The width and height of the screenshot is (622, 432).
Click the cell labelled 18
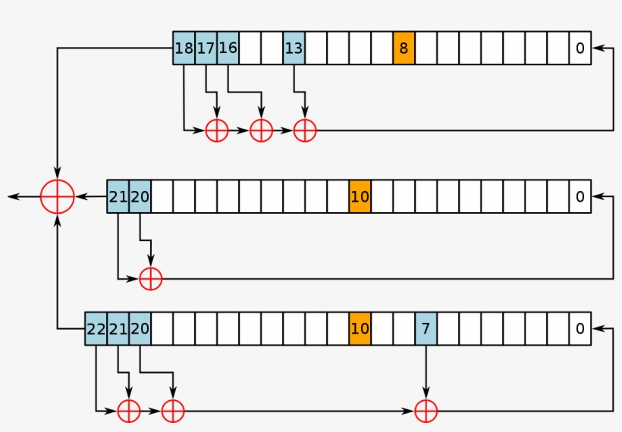[x=184, y=48]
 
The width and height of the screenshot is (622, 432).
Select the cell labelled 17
[x=206, y=48]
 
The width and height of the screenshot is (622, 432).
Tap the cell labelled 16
[x=228, y=48]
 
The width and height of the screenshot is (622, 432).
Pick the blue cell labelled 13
[x=294, y=48]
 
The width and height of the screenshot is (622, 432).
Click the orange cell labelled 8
[x=404, y=48]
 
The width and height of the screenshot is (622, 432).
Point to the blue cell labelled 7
[x=426, y=329]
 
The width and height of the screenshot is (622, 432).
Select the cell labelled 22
[x=96, y=329]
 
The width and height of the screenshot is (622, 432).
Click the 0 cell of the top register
[x=580, y=48]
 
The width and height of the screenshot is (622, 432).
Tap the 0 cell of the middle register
[x=580, y=196]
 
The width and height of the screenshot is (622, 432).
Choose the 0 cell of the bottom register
[x=580, y=329]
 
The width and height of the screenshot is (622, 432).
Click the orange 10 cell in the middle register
[x=360, y=196]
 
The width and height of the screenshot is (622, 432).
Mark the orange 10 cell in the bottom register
[x=360, y=329]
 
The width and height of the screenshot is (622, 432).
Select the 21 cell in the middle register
[x=118, y=196]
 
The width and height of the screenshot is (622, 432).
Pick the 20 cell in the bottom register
[x=140, y=329]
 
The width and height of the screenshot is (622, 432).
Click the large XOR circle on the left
[x=58, y=197]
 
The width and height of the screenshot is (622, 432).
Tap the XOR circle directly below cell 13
[x=305, y=130]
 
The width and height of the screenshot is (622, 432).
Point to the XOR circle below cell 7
[x=426, y=411]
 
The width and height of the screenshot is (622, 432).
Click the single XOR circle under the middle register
[x=151, y=279]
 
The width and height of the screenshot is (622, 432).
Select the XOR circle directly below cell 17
[x=217, y=130]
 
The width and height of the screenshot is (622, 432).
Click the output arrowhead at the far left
[x=11, y=197]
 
